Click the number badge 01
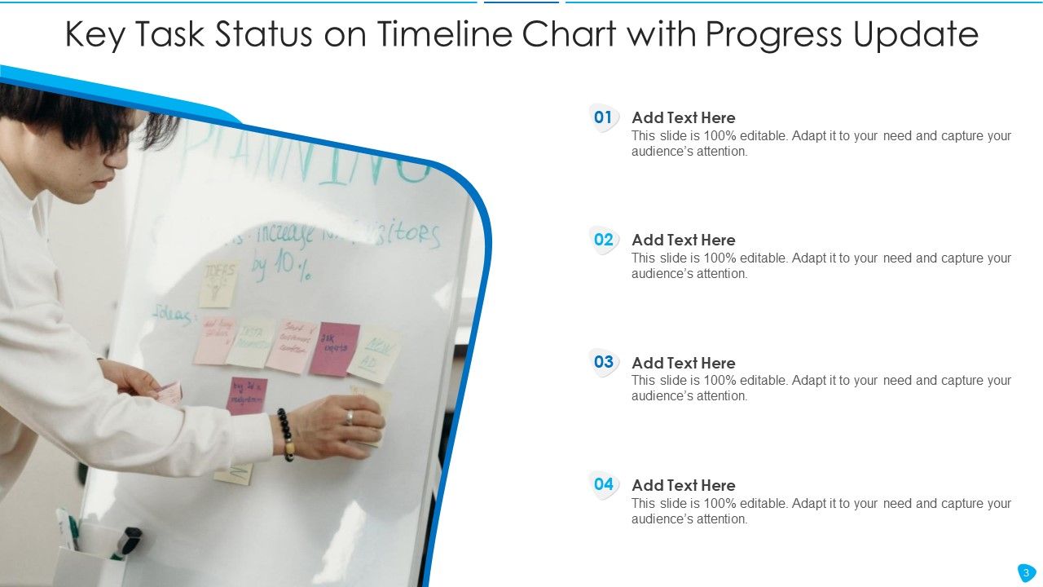click(x=603, y=118)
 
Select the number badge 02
click(x=603, y=241)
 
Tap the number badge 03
click(x=603, y=363)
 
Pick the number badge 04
click(x=603, y=485)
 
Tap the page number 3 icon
click(x=1026, y=572)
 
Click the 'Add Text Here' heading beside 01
click(x=683, y=117)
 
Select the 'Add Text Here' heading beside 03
click(x=683, y=363)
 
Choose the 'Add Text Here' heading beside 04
click(x=683, y=485)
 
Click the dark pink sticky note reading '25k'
click(x=334, y=348)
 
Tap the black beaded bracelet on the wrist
click(x=284, y=434)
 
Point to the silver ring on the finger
click(x=349, y=417)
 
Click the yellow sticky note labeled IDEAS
click(x=218, y=282)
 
